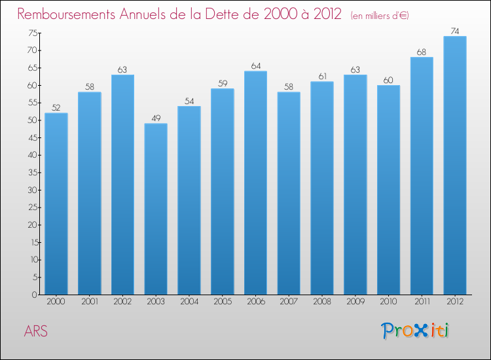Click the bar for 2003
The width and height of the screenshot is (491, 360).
156,209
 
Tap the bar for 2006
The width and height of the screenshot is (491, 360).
255,183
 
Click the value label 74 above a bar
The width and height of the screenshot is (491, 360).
455,30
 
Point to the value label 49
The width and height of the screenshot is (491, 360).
156,118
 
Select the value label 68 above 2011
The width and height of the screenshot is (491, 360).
422,52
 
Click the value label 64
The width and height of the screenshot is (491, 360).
255,65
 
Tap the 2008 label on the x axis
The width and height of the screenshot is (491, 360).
322,302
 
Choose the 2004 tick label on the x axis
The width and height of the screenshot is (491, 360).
189,302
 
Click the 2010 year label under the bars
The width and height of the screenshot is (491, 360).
388,302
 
